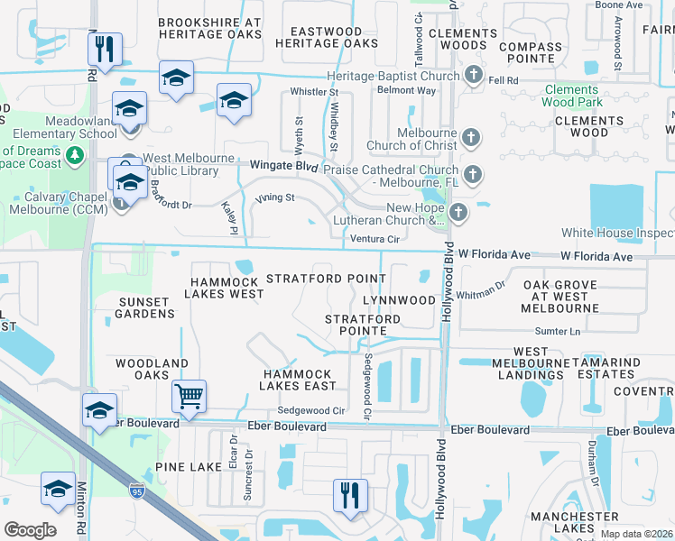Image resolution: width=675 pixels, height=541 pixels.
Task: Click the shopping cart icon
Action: (x=190, y=395)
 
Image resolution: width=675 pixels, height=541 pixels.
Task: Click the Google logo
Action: (x=30, y=530)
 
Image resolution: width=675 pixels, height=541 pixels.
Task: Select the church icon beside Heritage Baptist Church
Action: (x=474, y=75)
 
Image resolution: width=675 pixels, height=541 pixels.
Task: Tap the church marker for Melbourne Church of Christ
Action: (x=469, y=138)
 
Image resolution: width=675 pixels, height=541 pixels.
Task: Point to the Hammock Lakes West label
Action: (x=226, y=288)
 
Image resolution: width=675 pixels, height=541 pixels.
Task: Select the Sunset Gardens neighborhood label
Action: (x=144, y=307)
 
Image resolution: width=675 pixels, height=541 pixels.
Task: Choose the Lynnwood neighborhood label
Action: (x=399, y=299)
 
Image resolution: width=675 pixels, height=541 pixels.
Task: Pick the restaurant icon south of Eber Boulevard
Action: (x=347, y=495)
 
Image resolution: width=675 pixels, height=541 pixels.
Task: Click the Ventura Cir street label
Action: (x=374, y=239)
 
